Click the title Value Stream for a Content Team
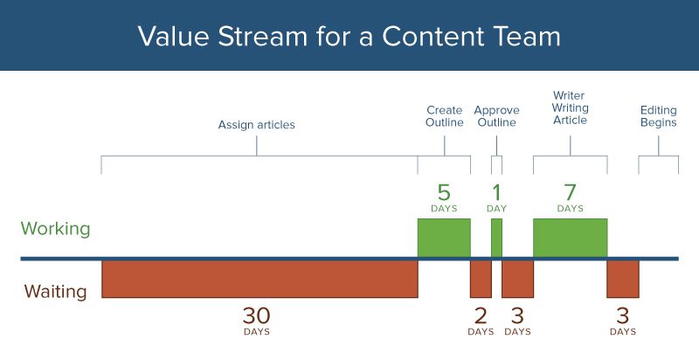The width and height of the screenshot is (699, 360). click(x=349, y=36)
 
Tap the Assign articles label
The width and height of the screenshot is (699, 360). click(x=256, y=125)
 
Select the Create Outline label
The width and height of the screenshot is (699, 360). click(x=444, y=116)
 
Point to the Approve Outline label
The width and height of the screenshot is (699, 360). click(x=496, y=116)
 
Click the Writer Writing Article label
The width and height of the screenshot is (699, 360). click(x=570, y=107)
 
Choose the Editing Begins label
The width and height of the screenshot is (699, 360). click(x=658, y=116)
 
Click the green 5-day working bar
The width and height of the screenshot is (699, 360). click(x=444, y=238)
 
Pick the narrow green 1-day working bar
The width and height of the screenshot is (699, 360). click(x=496, y=238)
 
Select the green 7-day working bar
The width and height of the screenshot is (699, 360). click(x=570, y=238)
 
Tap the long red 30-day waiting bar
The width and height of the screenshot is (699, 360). click(x=260, y=279)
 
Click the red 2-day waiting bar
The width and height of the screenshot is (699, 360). click(x=481, y=279)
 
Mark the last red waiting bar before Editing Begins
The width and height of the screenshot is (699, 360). click(x=622, y=279)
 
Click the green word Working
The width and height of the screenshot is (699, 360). click(x=56, y=229)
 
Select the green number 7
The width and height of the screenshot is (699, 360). click(x=570, y=192)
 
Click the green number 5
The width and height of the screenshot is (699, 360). click(x=444, y=192)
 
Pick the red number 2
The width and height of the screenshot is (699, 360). click(x=481, y=315)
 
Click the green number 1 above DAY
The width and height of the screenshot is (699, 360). click(x=496, y=192)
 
